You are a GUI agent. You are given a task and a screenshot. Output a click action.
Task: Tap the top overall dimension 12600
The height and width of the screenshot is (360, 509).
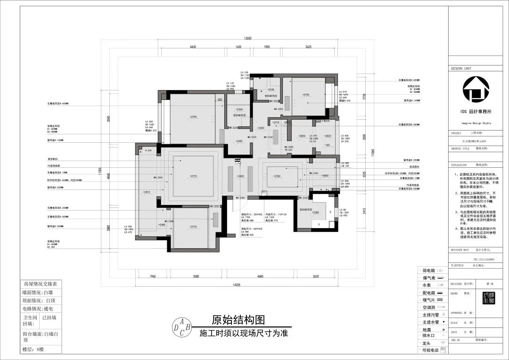(x=248, y=38)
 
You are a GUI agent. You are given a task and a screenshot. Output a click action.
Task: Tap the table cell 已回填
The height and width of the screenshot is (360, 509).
(x=49, y=318)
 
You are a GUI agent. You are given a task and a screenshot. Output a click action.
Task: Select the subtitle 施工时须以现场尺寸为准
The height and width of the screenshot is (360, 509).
(x=244, y=333)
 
